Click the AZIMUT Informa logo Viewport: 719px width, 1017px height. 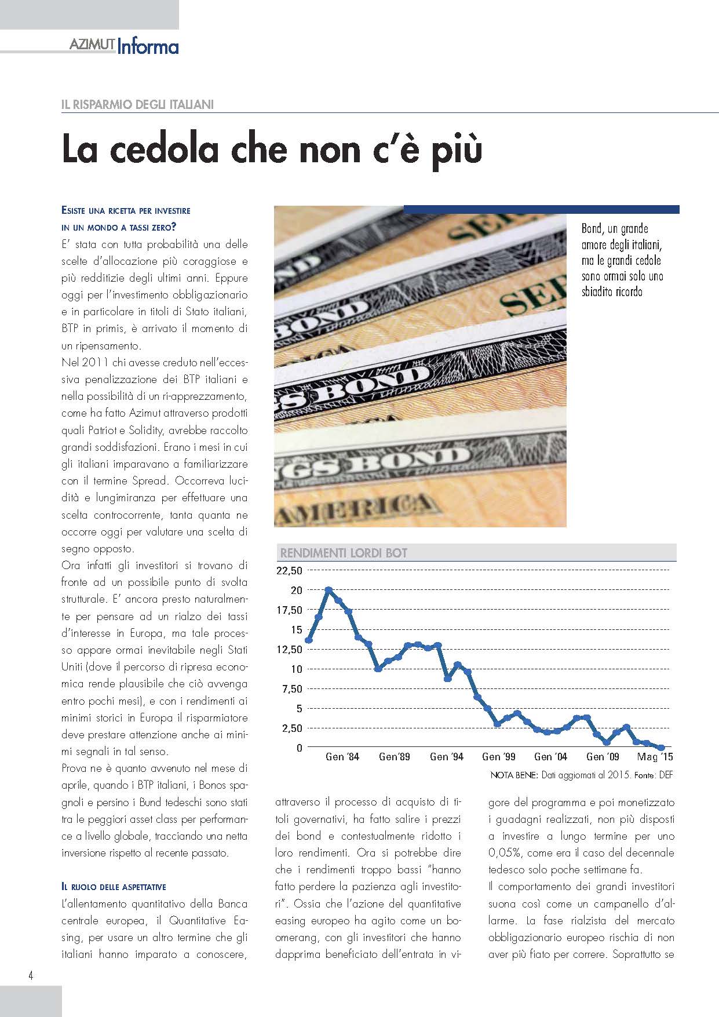point(123,46)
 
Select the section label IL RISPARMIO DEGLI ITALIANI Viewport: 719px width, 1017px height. point(137,105)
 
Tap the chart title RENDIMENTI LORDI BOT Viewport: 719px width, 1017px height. point(344,553)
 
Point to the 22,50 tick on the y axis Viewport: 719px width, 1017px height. point(290,571)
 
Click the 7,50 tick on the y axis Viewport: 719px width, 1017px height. point(291,688)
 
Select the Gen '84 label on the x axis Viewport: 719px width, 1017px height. point(342,756)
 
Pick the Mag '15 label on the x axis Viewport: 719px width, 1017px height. point(655,756)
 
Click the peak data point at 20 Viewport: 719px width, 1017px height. point(329,590)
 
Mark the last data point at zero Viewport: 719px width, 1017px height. point(662,748)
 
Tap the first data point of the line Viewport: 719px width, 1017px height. point(308,640)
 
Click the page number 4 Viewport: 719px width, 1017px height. point(31,976)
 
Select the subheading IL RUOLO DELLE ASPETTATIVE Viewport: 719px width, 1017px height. point(114,887)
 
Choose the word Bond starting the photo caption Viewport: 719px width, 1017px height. point(592,229)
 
